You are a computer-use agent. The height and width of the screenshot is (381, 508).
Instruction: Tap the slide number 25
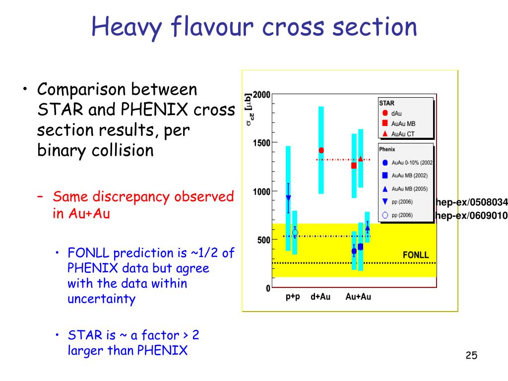(471, 355)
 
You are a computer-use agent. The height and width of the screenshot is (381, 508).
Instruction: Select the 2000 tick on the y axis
(261, 95)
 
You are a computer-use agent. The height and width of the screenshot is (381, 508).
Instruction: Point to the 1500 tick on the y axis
(261, 143)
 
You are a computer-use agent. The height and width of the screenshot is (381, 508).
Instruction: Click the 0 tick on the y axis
(268, 288)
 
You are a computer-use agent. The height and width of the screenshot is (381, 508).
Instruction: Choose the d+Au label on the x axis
(320, 297)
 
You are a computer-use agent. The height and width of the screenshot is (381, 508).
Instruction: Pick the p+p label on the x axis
(293, 297)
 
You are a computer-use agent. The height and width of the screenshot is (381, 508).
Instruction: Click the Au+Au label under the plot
(358, 297)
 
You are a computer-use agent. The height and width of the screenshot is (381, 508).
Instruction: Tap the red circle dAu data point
(321, 150)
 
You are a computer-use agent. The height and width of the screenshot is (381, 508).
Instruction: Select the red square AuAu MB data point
(354, 166)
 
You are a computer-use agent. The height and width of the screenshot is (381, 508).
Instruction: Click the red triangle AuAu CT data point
(361, 159)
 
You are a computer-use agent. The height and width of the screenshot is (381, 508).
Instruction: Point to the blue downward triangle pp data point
(288, 198)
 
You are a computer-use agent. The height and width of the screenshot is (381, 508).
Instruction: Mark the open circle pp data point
(295, 233)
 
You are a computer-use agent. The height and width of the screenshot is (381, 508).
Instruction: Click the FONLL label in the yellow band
(416, 255)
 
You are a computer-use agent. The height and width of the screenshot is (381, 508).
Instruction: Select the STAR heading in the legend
(387, 103)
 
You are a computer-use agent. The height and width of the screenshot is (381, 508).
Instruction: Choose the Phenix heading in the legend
(387, 149)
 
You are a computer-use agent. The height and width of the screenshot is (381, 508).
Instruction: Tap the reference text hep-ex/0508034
(472, 202)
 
